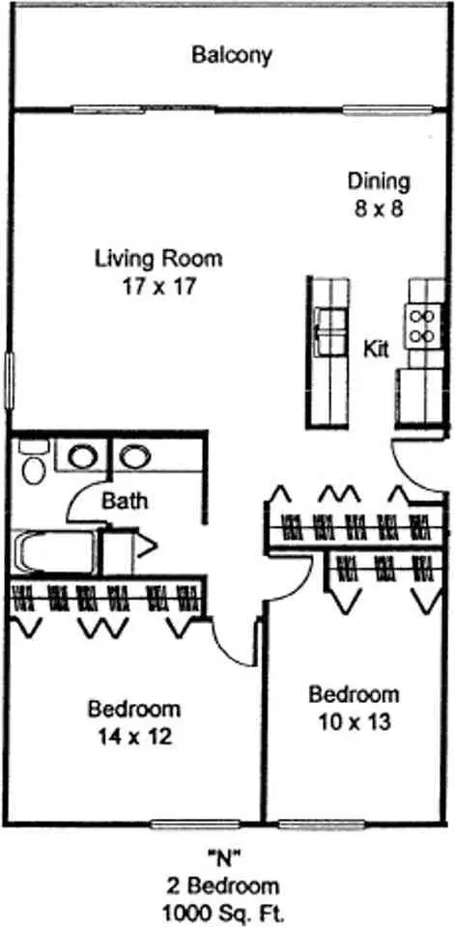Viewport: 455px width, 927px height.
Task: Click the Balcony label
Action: click(x=232, y=56)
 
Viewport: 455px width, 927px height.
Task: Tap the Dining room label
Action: click(x=379, y=182)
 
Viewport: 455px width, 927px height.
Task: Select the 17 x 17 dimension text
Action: click(x=159, y=287)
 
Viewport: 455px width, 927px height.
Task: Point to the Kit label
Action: click(x=376, y=349)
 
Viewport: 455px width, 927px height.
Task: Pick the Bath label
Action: click(x=125, y=501)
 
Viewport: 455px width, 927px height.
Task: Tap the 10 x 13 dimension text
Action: click(x=354, y=722)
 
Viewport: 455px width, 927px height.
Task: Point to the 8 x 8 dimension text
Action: click(x=379, y=210)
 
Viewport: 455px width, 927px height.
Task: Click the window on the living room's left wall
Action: click(x=10, y=379)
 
